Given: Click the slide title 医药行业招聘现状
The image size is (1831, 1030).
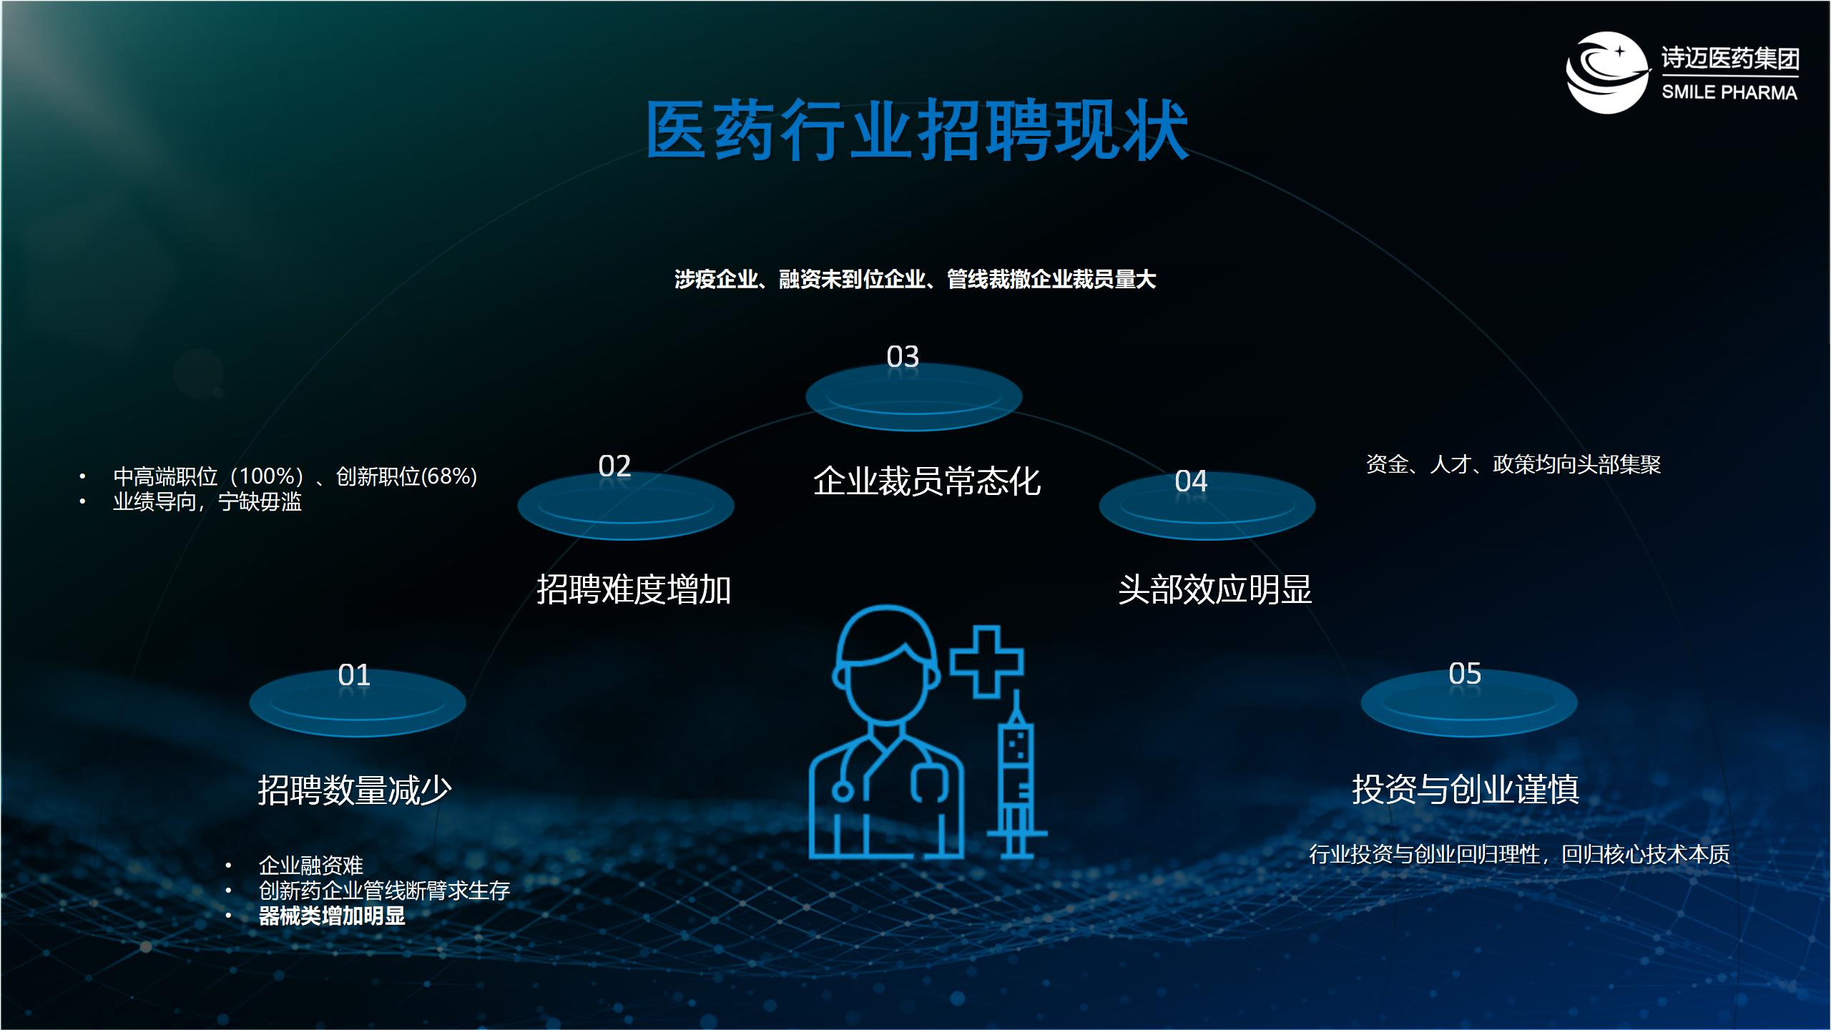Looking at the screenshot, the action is tap(918, 131).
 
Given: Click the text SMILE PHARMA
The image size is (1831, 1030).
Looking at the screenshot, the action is tap(1729, 92).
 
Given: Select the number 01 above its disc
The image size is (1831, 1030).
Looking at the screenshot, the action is tap(354, 675).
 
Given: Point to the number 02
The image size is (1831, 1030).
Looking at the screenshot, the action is tap(614, 466).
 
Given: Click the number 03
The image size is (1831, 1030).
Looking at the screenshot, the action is tap(903, 357).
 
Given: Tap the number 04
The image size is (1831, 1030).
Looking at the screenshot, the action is tap(1191, 481).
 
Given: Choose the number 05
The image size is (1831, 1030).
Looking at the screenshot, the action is tap(1465, 674).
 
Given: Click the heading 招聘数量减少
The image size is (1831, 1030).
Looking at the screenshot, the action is tap(355, 790).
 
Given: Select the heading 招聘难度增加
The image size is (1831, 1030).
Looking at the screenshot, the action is tap(634, 590).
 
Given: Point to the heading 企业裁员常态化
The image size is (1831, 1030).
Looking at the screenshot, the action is tap(927, 481).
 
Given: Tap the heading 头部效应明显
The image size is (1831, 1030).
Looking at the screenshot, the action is tap(1215, 590).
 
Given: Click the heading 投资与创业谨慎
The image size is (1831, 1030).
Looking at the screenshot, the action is tap(1466, 790).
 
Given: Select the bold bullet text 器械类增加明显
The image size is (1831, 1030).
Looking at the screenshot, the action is tap(332, 916).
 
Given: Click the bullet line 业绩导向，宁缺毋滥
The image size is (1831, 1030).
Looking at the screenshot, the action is tap(207, 502).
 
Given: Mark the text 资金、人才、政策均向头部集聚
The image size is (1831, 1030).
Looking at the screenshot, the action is tap(1513, 465).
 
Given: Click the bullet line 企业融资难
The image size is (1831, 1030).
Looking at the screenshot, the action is tap(311, 866).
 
